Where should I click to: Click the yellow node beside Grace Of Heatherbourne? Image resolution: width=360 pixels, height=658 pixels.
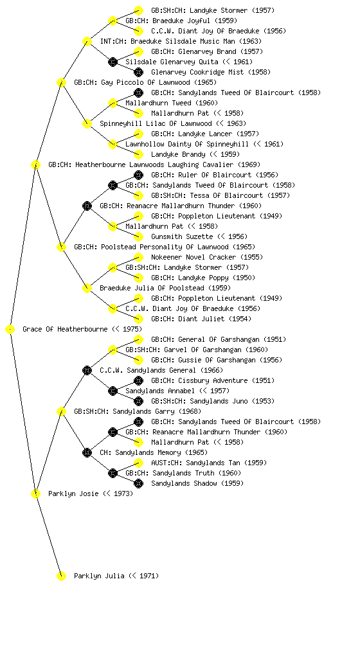[10, 330]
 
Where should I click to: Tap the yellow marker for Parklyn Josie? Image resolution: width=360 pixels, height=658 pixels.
[35, 494]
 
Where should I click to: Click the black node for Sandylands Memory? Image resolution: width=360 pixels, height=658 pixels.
[87, 453]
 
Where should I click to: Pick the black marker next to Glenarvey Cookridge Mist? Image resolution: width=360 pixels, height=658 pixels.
[138, 72]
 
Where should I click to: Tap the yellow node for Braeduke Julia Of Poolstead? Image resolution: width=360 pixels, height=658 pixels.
[87, 289]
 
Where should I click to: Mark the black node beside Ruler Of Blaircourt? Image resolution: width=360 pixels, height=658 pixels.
[138, 175]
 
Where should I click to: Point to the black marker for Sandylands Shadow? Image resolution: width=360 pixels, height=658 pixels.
[138, 483]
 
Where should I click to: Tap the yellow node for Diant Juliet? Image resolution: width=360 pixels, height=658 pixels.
[138, 319]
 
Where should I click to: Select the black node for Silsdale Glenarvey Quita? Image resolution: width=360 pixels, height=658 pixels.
[113, 62]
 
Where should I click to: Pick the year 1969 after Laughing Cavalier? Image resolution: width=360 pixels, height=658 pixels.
[249, 164]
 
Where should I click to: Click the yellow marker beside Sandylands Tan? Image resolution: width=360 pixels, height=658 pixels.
[138, 463]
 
